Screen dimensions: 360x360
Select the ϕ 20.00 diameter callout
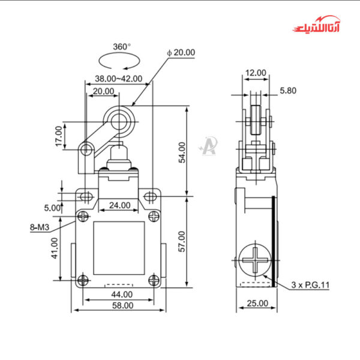pos(181,52)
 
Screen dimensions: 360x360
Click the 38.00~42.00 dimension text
pos(119,78)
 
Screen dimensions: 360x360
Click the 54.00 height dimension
pos(182,152)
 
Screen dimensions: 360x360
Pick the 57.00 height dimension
pos(182,241)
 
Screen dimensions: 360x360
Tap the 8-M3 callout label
pos(39,227)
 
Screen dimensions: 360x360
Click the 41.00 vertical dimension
pos(55,248)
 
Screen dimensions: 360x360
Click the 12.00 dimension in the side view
pos(256,73)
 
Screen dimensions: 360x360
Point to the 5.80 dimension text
pos(287,91)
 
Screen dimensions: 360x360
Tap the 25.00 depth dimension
pos(257,304)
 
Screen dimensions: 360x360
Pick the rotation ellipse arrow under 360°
pos(122,62)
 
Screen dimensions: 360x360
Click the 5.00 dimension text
pos(53,208)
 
